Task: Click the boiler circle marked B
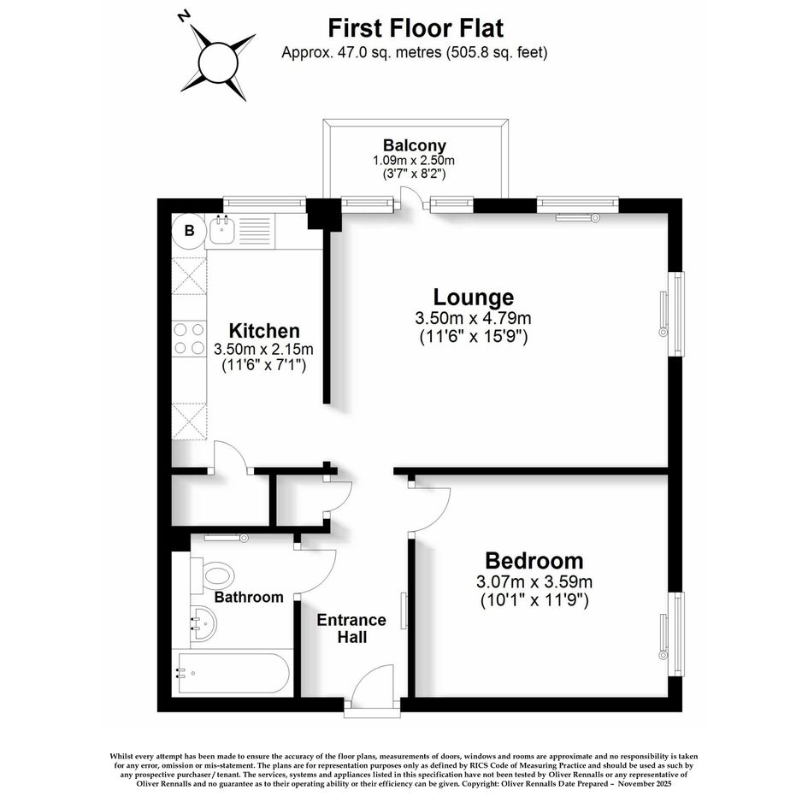(x=189, y=230)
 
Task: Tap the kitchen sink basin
(x=222, y=231)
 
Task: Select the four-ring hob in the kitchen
(x=189, y=338)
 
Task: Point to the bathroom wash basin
(x=203, y=623)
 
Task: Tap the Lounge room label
(x=473, y=298)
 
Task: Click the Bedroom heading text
(x=534, y=560)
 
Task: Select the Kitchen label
(x=264, y=330)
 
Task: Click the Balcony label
(x=415, y=144)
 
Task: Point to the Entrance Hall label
(x=351, y=628)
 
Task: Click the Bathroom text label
(x=249, y=597)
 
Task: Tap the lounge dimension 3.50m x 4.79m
(x=473, y=318)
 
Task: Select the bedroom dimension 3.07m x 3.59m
(x=534, y=581)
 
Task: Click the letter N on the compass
(x=183, y=17)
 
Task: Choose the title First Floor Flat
(x=416, y=28)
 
